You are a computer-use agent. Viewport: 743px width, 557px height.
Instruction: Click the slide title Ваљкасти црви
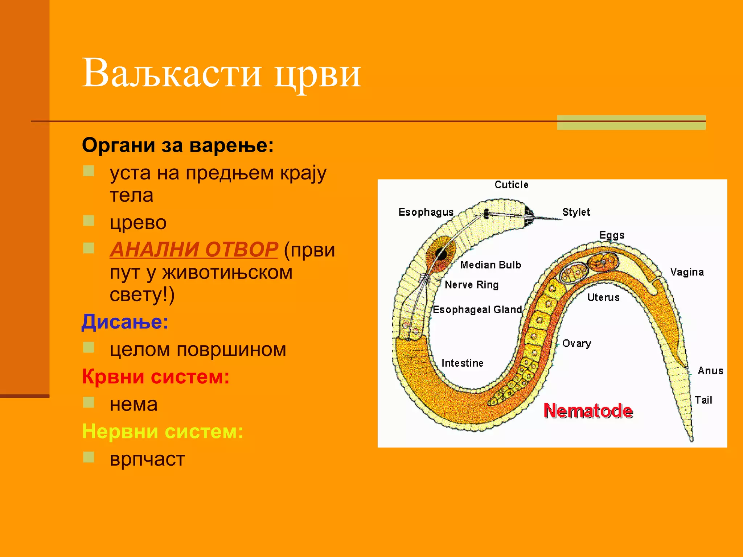[x=221, y=73]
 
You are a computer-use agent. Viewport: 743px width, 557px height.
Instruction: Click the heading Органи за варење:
[x=178, y=145]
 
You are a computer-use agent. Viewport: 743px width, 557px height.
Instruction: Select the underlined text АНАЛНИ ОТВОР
[x=194, y=249]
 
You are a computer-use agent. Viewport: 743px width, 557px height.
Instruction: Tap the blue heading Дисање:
[x=125, y=322]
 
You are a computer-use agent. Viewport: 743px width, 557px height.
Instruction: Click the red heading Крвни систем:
[x=156, y=376]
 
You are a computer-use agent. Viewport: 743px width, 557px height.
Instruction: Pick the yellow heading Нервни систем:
[x=163, y=431]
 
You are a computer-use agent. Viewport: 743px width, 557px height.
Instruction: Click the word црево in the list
[x=138, y=222]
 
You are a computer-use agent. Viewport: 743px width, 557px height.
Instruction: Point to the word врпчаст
[x=147, y=459]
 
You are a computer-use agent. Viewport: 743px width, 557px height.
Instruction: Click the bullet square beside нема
[x=89, y=402]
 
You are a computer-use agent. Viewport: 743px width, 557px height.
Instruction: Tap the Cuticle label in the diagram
[x=511, y=185]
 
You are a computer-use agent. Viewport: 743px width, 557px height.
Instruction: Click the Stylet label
[x=576, y=212]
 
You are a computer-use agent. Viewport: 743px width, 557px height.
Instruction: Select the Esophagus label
[x=426, y=212]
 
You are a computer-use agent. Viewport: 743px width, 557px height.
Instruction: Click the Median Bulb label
[x=490, y=265]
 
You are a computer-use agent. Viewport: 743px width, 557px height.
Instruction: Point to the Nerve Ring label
[x=472, y=285]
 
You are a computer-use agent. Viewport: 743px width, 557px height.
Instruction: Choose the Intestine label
[x=462, y=363]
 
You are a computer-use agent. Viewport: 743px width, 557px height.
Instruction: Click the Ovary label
[x=576, y=343]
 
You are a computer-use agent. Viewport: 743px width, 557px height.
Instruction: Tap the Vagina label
[x=687, y=272]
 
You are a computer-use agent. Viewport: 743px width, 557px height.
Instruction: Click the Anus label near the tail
[x=710, y=371]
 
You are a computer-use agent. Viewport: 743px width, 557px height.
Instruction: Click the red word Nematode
[x=588, y=411]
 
